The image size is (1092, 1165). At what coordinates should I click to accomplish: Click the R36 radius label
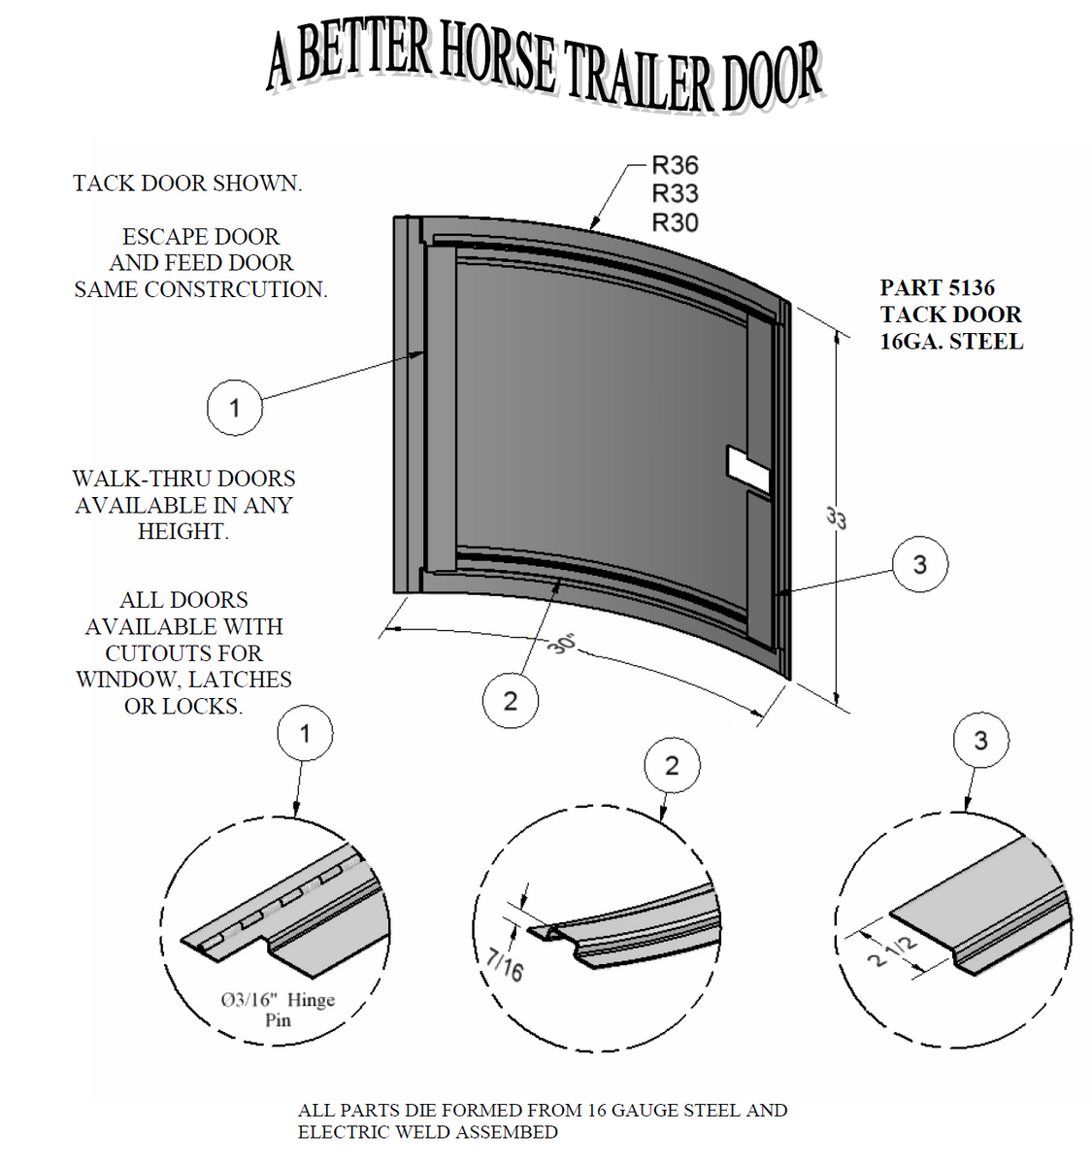pos(675,165)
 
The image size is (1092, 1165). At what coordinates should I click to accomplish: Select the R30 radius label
pos(675,222)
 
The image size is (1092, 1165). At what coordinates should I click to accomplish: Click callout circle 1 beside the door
pos(234,407)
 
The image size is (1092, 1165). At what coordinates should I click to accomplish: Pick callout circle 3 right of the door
pos(919,564)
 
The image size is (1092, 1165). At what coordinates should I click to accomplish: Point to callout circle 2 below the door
pos(511,700)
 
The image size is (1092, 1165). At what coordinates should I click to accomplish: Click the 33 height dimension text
pos(837,517)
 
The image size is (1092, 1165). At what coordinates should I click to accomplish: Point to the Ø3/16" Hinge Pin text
pos(278,1009)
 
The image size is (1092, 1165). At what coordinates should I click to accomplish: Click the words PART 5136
pos(937,287)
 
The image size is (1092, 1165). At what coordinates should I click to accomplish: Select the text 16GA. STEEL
pos(951,342)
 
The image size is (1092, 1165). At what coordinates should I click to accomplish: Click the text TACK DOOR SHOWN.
pos(187,183)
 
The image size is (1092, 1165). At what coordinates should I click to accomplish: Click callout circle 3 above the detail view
pos(980,741)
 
